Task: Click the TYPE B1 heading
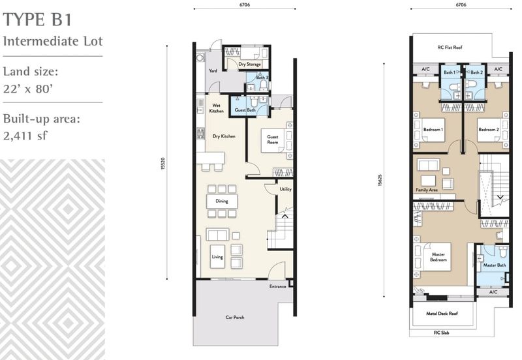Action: click(x=37, y=20)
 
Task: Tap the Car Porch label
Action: click(x=235, y=317)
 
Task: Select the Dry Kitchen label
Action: click(x=224, y=136)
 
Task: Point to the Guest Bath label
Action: click(x=245, y=110)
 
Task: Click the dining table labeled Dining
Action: click(x=222, y=202)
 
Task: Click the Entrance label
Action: click(x=278, y=286)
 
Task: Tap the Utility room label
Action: click(x=285, y=189)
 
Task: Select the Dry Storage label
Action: click(x=249, y=64)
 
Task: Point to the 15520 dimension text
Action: click(x=162, y=164)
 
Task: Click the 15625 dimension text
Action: click(x=380, y=181)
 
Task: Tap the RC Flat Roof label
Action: click(x=450, y=47)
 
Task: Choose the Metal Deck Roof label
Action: click(x=442, y=314)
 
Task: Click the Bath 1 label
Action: click(x=450, y=72)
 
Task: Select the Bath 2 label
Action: click(x=476, y=72)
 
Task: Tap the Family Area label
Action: click(x=427, y=190)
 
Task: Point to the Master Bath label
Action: click(x=495, y=265)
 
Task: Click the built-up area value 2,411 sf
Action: click(x=25, y=136)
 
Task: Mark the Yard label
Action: click(x=213, y=70)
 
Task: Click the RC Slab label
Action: click(x=442, y=333)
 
